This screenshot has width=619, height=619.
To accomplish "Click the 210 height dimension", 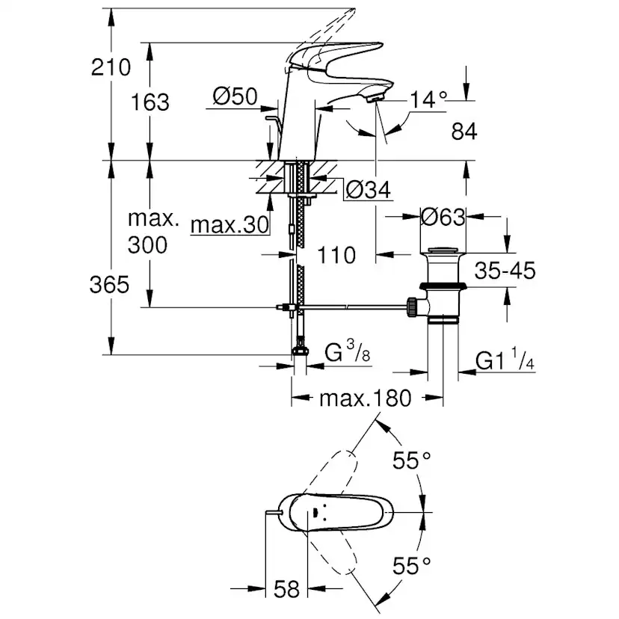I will point(111,69).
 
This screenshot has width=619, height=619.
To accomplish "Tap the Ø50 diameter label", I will point(235,96).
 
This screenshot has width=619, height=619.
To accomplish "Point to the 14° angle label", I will point(428,99).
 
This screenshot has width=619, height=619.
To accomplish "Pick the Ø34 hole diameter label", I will point(369,191).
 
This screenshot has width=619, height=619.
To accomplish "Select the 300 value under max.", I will point(148,244).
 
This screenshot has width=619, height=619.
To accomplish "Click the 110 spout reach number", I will point(336,256).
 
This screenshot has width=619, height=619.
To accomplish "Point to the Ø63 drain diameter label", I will point(443,218).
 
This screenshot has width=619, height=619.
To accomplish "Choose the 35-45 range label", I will point(505,271).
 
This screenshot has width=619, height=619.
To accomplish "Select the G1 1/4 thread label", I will point(505,363).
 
